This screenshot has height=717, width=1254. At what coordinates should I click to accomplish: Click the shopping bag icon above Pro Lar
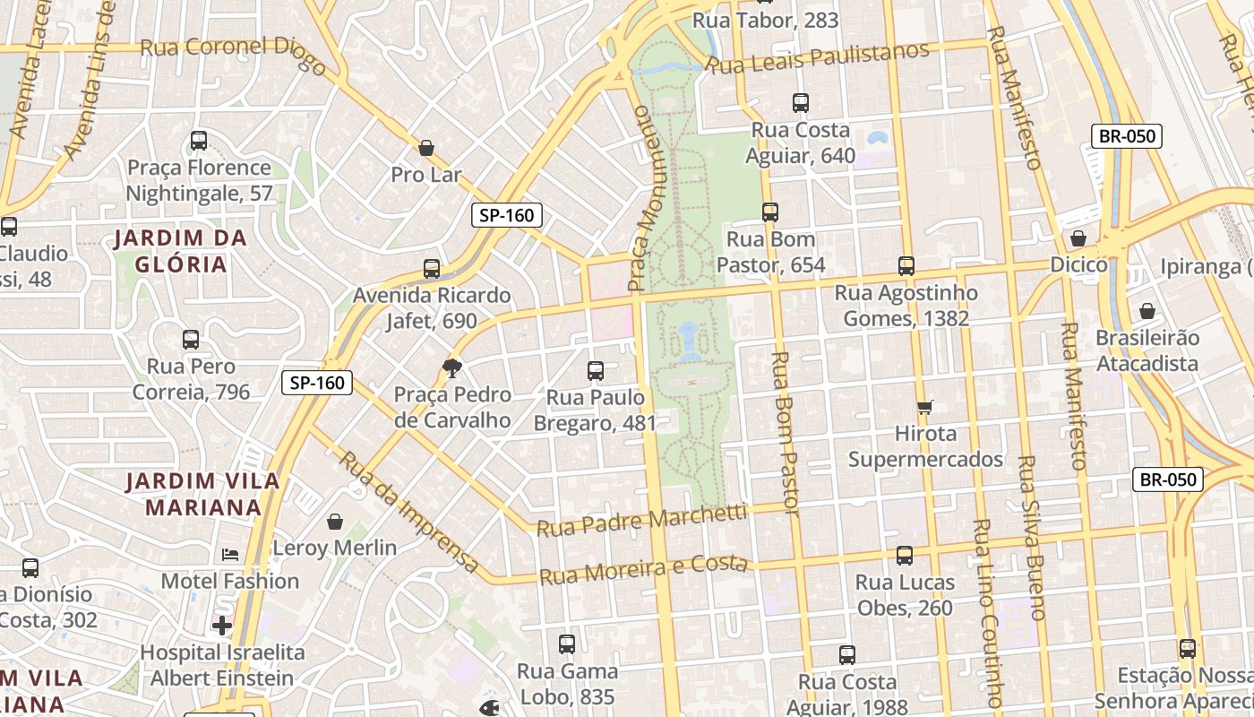tap(426, 148)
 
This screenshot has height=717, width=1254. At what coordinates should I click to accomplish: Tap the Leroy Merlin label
tap(334, 548)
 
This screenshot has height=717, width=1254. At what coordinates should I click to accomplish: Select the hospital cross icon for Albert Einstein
tap(222, 625)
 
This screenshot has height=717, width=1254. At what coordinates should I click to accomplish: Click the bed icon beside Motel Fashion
tap(230, 555)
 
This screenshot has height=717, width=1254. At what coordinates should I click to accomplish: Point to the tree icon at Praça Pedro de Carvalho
tap(452, 367)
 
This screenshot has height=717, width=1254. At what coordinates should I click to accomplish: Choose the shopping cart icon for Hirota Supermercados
tap(925, 407)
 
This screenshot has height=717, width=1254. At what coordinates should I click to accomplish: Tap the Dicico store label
tap(1078, 264)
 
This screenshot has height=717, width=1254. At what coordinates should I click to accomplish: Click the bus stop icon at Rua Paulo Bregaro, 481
tap(596, 370)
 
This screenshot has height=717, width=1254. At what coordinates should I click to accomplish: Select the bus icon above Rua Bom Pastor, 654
tap(770, 212)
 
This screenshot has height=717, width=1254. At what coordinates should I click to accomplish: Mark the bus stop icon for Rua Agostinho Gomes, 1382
tap(906, 266)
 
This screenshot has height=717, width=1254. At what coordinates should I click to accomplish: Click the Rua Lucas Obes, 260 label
tap(905, 595)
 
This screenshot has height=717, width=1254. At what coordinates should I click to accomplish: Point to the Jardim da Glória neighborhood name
tap(180, 251)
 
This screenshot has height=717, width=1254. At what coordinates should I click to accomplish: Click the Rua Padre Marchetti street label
tap(641, 521)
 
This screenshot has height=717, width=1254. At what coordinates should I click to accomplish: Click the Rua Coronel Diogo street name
tap(234, 50)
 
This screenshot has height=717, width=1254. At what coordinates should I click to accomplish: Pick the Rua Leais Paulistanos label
tap(818, 57)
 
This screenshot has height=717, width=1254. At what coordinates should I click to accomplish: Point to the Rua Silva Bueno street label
tap(1031, 538)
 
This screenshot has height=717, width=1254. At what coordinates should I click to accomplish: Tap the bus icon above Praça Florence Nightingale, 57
tap(199, 141)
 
